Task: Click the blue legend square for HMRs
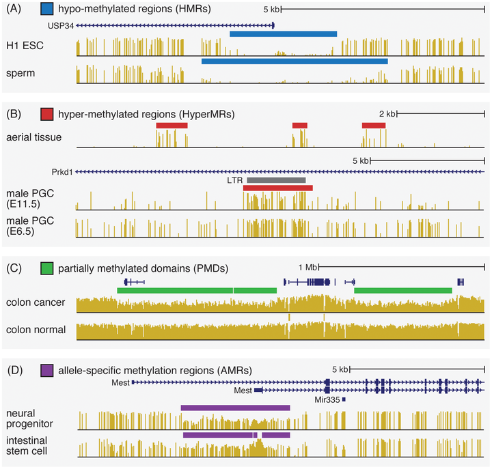click(47, 10)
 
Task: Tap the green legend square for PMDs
click(47, 267)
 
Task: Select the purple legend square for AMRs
click(47, 370)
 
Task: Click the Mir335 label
click(327, 399)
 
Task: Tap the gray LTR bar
click(276, 180)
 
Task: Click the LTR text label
click(235, 181)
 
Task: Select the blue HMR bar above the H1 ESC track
click(283, 33)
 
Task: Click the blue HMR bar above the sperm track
click(295, 61)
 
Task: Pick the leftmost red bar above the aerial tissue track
click(172, 126)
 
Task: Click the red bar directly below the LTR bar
click(277, 188)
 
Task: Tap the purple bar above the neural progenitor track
click(235, 408)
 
